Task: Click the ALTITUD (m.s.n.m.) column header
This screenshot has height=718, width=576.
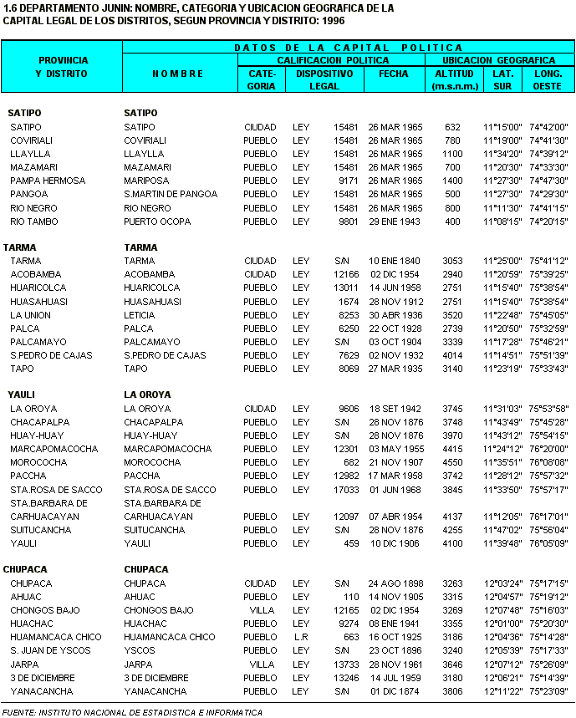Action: pos(454,79)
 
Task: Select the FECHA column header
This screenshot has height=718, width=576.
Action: pos(393,74)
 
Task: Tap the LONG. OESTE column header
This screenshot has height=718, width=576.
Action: pos(548,79)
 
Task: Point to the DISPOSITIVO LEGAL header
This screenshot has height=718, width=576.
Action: pos(324,79)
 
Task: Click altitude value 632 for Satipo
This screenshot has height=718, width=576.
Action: pos(452,127)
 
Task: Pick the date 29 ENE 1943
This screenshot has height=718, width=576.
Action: pos(395,222)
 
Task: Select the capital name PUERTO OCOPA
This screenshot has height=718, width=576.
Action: pos(157,222)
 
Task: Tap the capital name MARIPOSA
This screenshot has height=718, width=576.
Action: pos(147,181)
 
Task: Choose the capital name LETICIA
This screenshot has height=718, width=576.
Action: pos(139,315)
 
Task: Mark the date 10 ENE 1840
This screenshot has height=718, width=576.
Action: pos(395,261)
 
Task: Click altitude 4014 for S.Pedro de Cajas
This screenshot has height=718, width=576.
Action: pos(451,355)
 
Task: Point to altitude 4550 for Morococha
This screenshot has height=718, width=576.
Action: pos(451,462)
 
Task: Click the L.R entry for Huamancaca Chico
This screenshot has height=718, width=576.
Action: pos(301,637)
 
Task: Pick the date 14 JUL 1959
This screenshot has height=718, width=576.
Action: pos(395,678)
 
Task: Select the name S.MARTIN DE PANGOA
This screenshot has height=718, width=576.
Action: pos(171,194)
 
